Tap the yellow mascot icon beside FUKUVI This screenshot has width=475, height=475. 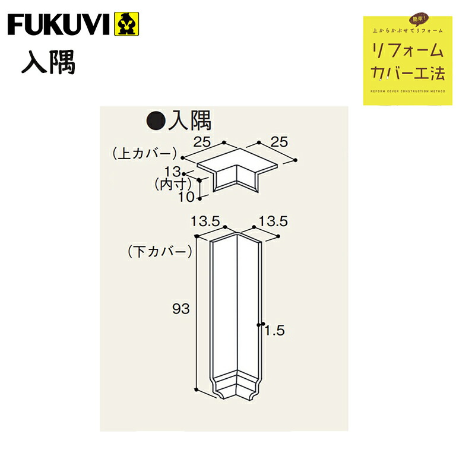125,24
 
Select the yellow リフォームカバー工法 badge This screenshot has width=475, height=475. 407,61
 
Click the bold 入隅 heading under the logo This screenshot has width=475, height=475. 49,64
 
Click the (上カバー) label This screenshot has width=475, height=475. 144,153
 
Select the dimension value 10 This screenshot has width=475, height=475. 187,197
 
